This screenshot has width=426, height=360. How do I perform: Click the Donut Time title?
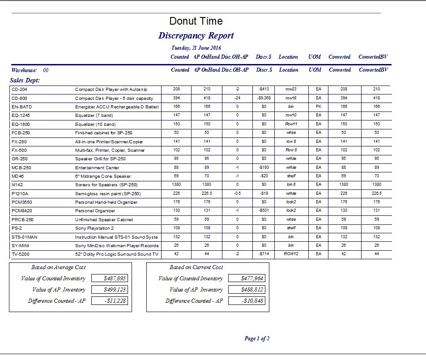[x=196, y=21]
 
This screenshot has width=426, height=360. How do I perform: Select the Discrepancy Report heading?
[x=196, y=36]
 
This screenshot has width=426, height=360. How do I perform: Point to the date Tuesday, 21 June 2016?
[x=196, y=48]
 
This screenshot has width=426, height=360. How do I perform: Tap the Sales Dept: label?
[x=25, y=80]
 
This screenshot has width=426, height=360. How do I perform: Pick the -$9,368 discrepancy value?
[x=262, y=98]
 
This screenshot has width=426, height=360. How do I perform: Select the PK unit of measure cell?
[x=318, y=107]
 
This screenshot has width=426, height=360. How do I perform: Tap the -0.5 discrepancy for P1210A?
[x=237, y=193]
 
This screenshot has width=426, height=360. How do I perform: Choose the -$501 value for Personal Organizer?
[x=262, y=211]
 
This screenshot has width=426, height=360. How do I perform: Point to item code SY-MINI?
[x=21, y=246]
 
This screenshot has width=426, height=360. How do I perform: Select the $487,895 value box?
[x=109, y=278]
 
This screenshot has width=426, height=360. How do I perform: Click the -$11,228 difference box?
[x=109, y=300]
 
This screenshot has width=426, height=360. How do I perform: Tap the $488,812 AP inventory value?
[x=247, y=289]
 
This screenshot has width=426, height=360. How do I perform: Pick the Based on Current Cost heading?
[x=196, y=267]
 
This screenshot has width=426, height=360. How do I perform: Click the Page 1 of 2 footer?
[x=257, y=339]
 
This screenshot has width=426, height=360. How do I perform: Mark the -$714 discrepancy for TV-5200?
[x=262, y=254]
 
